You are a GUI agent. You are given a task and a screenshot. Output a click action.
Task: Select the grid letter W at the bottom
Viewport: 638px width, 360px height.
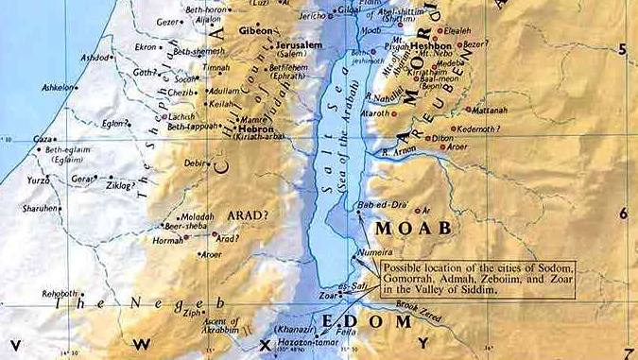pyautogui.click(x=143, y=345)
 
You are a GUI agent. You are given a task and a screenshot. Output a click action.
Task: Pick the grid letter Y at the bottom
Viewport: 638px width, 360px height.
pyautogui.click(x=424, y=345)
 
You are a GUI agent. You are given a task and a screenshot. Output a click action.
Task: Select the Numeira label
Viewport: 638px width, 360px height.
pyautogui.click(x=368, y=253)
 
